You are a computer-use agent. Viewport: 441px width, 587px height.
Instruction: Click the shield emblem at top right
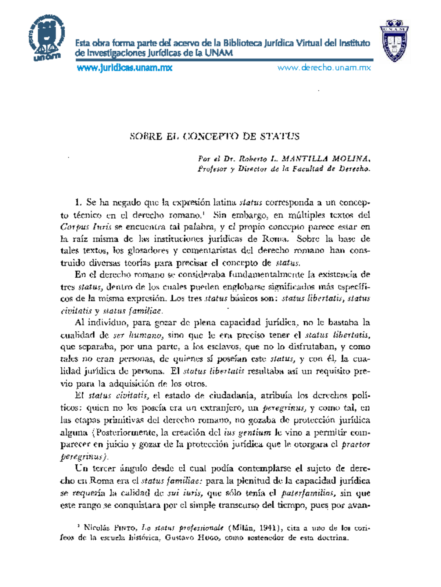pyautogui.click(x=394, y=39)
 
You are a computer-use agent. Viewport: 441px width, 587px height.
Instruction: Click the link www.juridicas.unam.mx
pyautogui.click(x=124, y=68)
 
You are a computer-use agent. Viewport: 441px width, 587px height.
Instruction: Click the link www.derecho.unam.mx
pyautogui.click(x=324, y=68)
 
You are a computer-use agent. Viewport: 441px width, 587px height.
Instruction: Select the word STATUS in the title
pyautogui.click(x=280, y=137)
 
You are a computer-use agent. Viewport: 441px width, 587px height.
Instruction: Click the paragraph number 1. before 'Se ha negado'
pyautogui.click(x=78, y=202)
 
